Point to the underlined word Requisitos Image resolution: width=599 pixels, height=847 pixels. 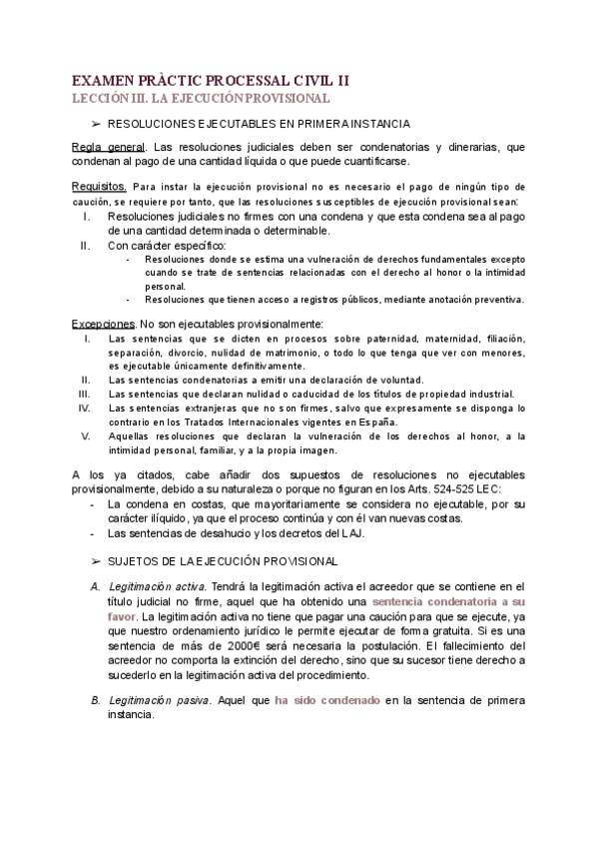pos(98,186)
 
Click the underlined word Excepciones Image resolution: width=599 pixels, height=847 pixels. pos(104,324)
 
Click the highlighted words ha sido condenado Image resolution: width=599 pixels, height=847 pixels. pos(327,701)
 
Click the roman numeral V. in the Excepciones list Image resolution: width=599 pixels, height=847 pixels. pos(86,435)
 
